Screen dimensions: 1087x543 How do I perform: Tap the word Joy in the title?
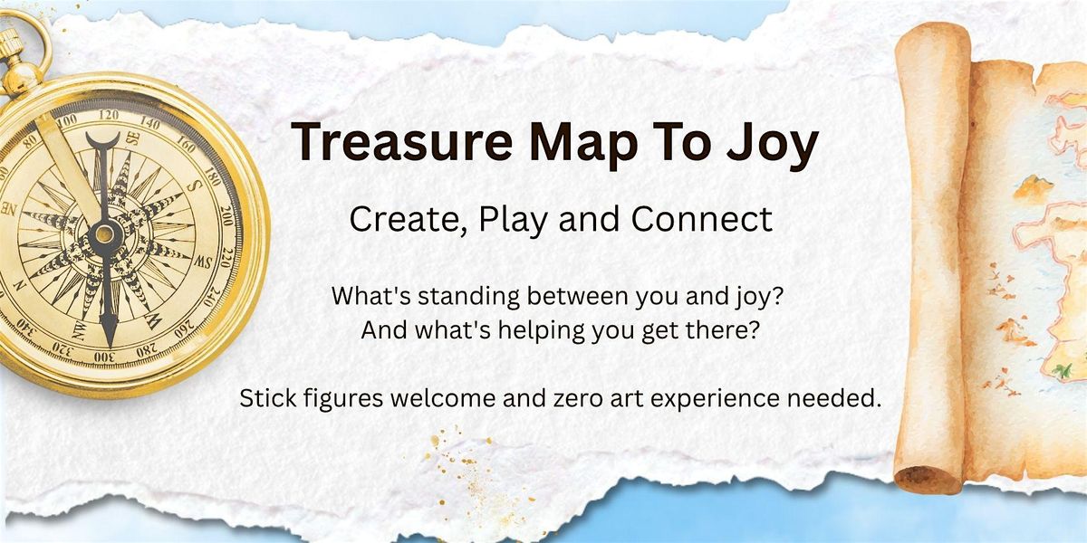click(x=772, y=145)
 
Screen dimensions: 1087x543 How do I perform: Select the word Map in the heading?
click(x=583, y=145)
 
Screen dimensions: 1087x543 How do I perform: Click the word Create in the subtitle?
click(x=404, y=220)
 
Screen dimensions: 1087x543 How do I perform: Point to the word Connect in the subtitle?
click(x=702, y=219)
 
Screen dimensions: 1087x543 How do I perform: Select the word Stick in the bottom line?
click(x=268, y=398)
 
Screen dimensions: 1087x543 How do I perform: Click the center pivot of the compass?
click(x=104, y=234)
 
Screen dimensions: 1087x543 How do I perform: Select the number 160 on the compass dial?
click(x=186, y=144)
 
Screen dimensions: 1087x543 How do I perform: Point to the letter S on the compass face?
click(x=195, y=187)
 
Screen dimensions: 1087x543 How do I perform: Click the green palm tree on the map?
click(x=1063, y=371)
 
